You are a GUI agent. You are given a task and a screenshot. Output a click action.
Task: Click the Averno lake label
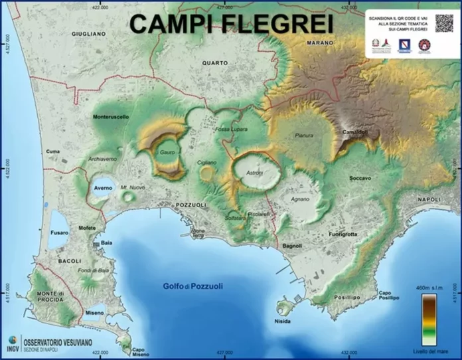pyautogui.click(x=103, y=189)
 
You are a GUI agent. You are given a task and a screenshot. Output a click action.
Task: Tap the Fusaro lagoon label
pyautogui.click(x=60, y=232)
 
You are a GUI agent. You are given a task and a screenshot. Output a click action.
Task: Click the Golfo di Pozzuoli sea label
pyautogui.click(x=193, y=286)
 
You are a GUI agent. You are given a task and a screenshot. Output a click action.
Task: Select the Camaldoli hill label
pyautogui.click(x=355, y=132)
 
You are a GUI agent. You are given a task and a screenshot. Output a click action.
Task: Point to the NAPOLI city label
pyautogui.click(x=429, y=200)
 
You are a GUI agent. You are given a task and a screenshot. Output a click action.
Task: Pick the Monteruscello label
pyautogui.click(x=111, y=117)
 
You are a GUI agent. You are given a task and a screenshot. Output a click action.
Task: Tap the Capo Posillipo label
pyautogui.click(x=389, y=295)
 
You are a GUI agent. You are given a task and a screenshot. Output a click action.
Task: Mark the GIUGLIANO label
pyautogui.click(x=89, y=33)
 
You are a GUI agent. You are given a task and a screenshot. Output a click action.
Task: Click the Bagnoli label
pyautogui.click(x=292, y=246)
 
